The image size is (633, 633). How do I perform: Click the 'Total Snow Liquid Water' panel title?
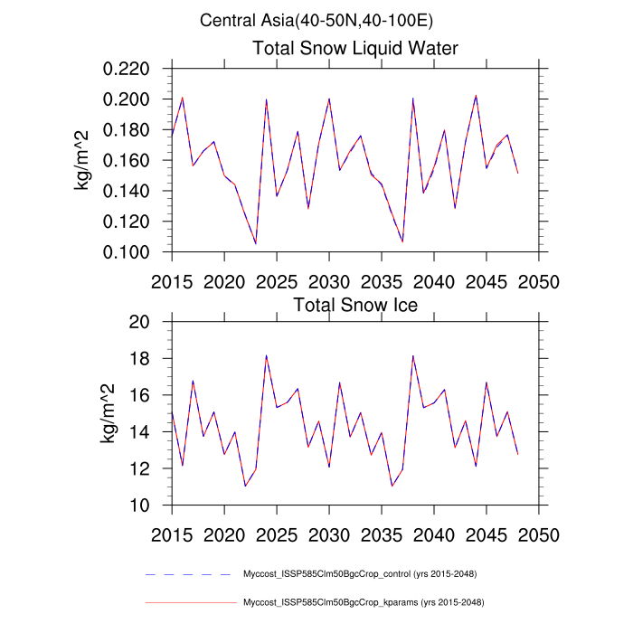coord(355,48)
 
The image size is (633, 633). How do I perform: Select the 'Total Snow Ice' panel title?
coord(355,305)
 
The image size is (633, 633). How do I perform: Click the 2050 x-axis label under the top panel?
coord(540,279)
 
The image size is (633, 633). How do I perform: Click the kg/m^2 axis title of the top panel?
coord(82,160)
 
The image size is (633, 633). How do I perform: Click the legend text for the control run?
coord(360,574)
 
